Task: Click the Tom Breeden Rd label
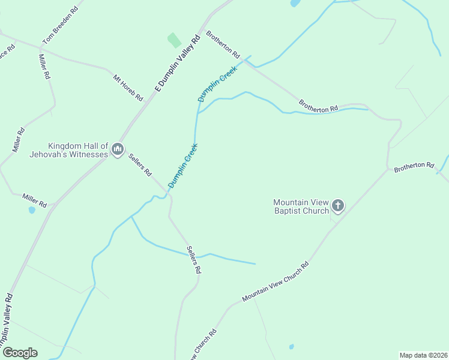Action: tap(61, 26)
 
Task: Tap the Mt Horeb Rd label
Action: tap(128, 87)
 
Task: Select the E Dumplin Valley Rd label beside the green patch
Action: tap(177, 64)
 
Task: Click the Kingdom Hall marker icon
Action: tap(118, 149)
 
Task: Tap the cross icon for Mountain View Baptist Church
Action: tap(338, 206)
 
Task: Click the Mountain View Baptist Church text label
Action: tap(301, 206)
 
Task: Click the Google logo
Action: tap(20, 353)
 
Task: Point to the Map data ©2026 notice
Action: tap(423, 355)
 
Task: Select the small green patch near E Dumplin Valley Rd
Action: tap(173, 40)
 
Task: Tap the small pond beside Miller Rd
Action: tap(32, 210)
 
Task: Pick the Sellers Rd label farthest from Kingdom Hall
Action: tap(193, 260)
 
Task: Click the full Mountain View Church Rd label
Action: tap(275, 281)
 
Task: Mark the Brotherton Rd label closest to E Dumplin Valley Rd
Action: tap(223, 44)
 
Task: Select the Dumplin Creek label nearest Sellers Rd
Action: tap(182, 166)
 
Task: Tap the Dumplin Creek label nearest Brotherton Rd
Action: tap(217, 83)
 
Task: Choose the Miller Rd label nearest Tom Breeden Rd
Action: tap(44, 67)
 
